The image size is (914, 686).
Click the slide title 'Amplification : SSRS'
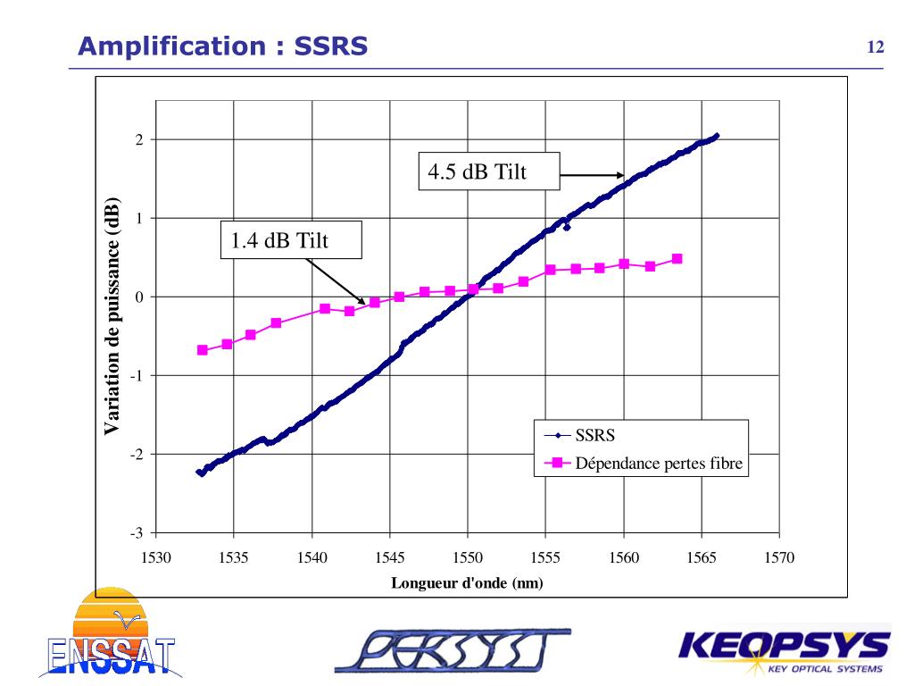click(222, 46)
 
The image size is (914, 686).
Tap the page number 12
click(876, 47)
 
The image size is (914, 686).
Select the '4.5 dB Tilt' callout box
click(488, 171)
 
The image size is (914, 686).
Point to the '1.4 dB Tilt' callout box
click(291, 240)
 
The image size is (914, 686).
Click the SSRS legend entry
click(594, 436)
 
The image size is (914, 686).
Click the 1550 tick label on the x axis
click(468, 558)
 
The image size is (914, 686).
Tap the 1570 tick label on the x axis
click(779, 558)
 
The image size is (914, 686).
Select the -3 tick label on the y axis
click(137, 533)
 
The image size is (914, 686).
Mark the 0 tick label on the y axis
click(139, 297)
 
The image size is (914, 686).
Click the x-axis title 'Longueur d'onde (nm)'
click(467, 582)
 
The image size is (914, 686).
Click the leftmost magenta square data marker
click(203, 350)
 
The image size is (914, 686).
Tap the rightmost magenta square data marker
click(677, 259)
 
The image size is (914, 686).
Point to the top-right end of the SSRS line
click(716, 137)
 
